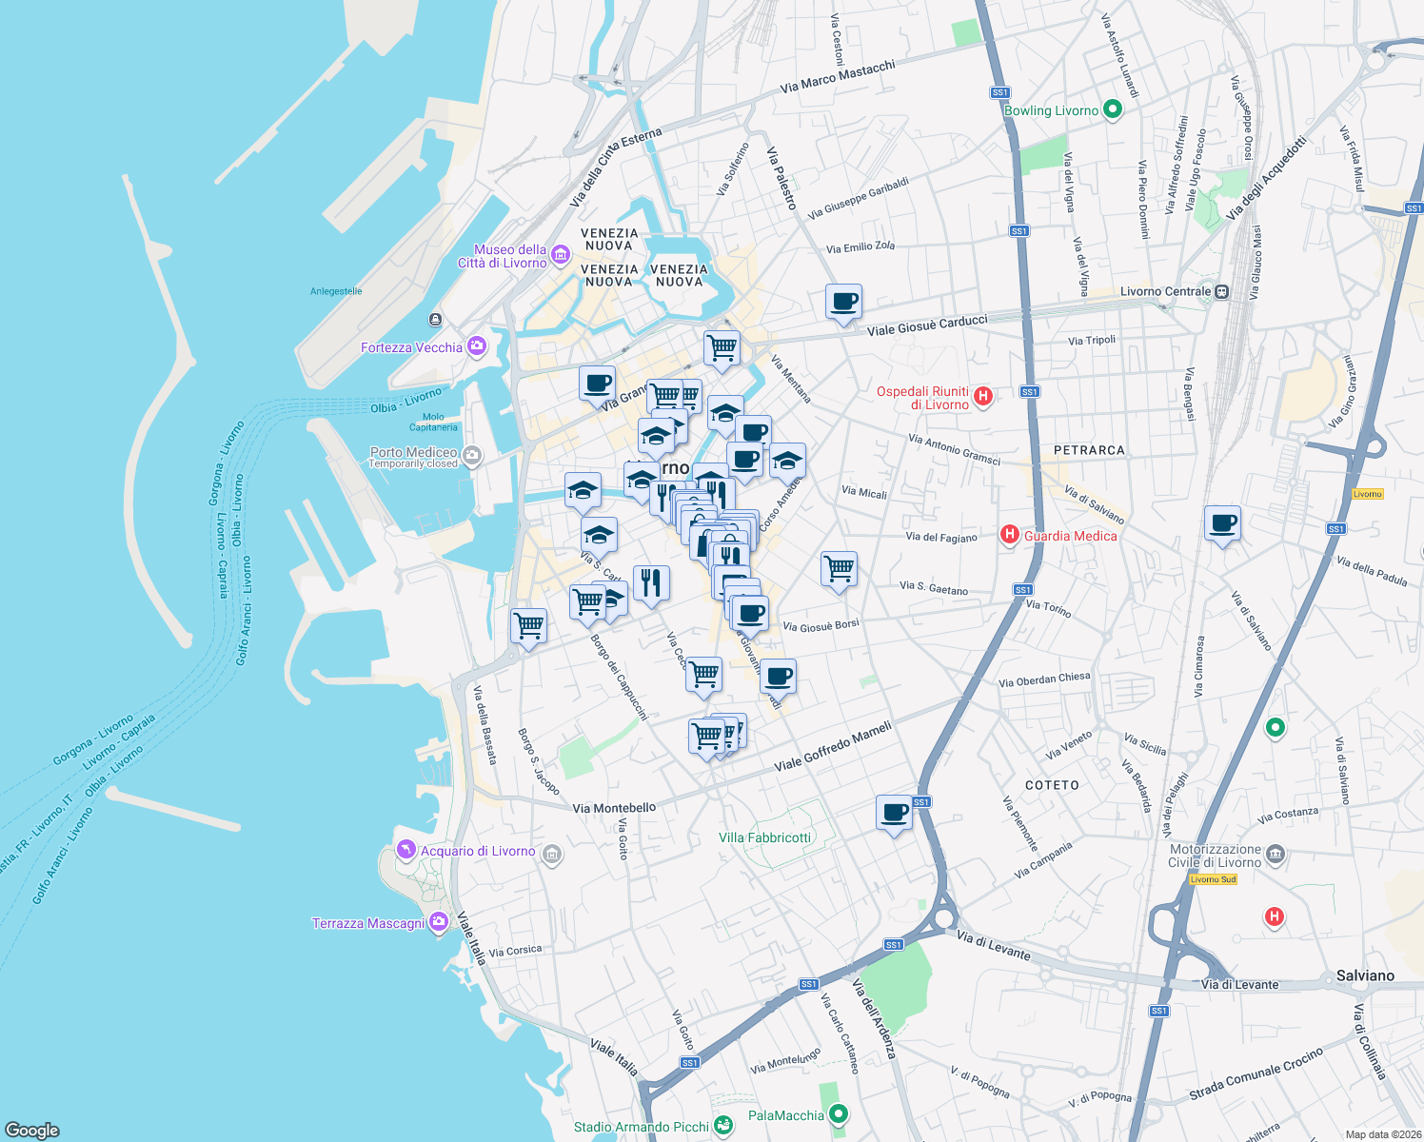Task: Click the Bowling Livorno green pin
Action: [1112, 109]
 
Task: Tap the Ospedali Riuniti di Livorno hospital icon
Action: [984, 396]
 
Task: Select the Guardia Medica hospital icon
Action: [1010, 535]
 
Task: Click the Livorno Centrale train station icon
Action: [1222, 291]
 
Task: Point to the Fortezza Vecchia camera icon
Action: [477, 346]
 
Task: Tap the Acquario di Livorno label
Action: [478, 851]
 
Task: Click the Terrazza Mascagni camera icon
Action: [438, 921]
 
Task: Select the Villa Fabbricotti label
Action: [764, 837]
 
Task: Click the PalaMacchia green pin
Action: [838, 1113]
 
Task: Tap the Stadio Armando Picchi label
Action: [641, 1127]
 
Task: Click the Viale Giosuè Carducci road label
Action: [927, 325]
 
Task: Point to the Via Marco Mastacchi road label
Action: [838, 76]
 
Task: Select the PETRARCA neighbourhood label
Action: [1089, 450]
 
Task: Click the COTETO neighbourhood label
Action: [1052, 785]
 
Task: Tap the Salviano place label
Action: [1365, 975]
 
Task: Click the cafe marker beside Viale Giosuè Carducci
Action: [843, 303]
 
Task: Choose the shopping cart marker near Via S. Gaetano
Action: [839, 570]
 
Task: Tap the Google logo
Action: [31, 1130]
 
